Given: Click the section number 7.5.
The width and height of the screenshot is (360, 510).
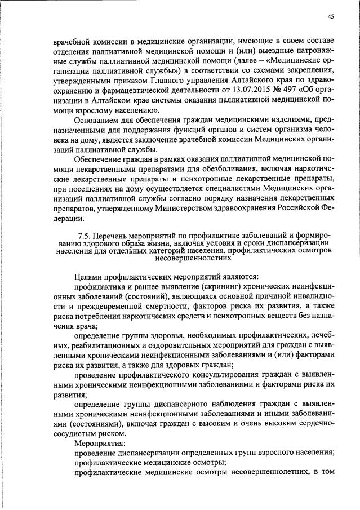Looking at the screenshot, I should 84,234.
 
